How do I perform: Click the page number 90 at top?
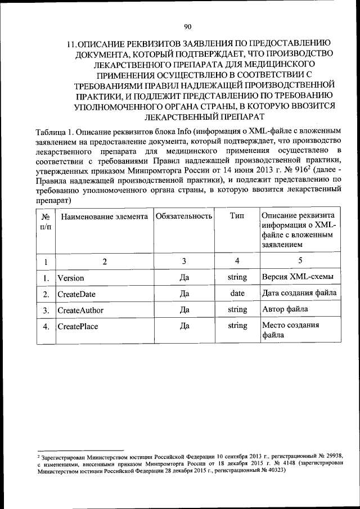(x=188, y=26)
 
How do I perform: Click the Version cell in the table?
(x=71, y=278)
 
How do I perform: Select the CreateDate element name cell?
(x=76, y=294)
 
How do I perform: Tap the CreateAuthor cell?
(x=79, y=310)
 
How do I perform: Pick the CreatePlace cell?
(x=76, y=326)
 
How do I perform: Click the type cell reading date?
(x=237, y=293)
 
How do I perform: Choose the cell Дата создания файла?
(x=299, y=293)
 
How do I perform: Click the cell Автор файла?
(x=286, y=309)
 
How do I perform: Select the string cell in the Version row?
(x=237, y=277)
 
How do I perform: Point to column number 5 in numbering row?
(x=300, y=260)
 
